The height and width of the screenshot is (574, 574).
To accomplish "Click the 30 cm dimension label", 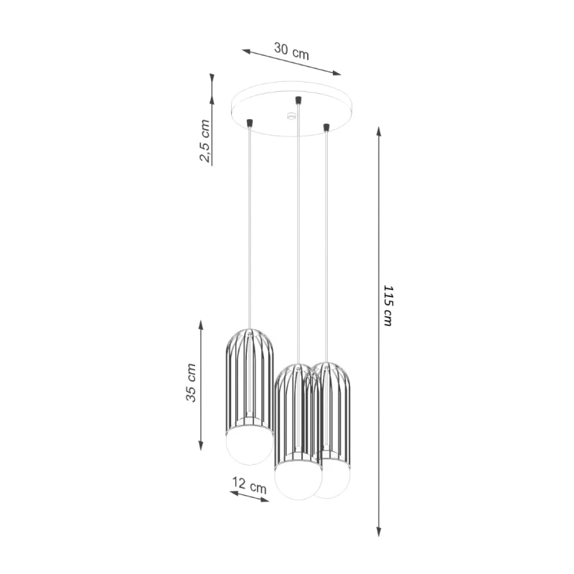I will pyautogui.click(x=292, y=51).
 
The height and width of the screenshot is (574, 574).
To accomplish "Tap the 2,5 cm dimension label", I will pyautogui.click(x=205, y=141).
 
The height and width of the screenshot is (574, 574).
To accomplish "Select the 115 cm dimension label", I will pyautogui.click(x=388, y=306).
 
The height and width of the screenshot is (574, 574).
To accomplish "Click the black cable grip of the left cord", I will pyautogui.click(x=250, y=124).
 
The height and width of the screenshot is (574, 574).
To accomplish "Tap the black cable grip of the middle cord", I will pyautogui.click(x=298, y=99).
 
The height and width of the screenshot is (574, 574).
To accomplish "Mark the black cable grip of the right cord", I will pyautogui.click(x=326, y=128).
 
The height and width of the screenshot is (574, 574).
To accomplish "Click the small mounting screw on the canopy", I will pyautogui.click(x=291, y=115).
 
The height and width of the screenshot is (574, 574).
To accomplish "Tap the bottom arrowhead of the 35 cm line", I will pyautogui.click(x=202, y=446).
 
